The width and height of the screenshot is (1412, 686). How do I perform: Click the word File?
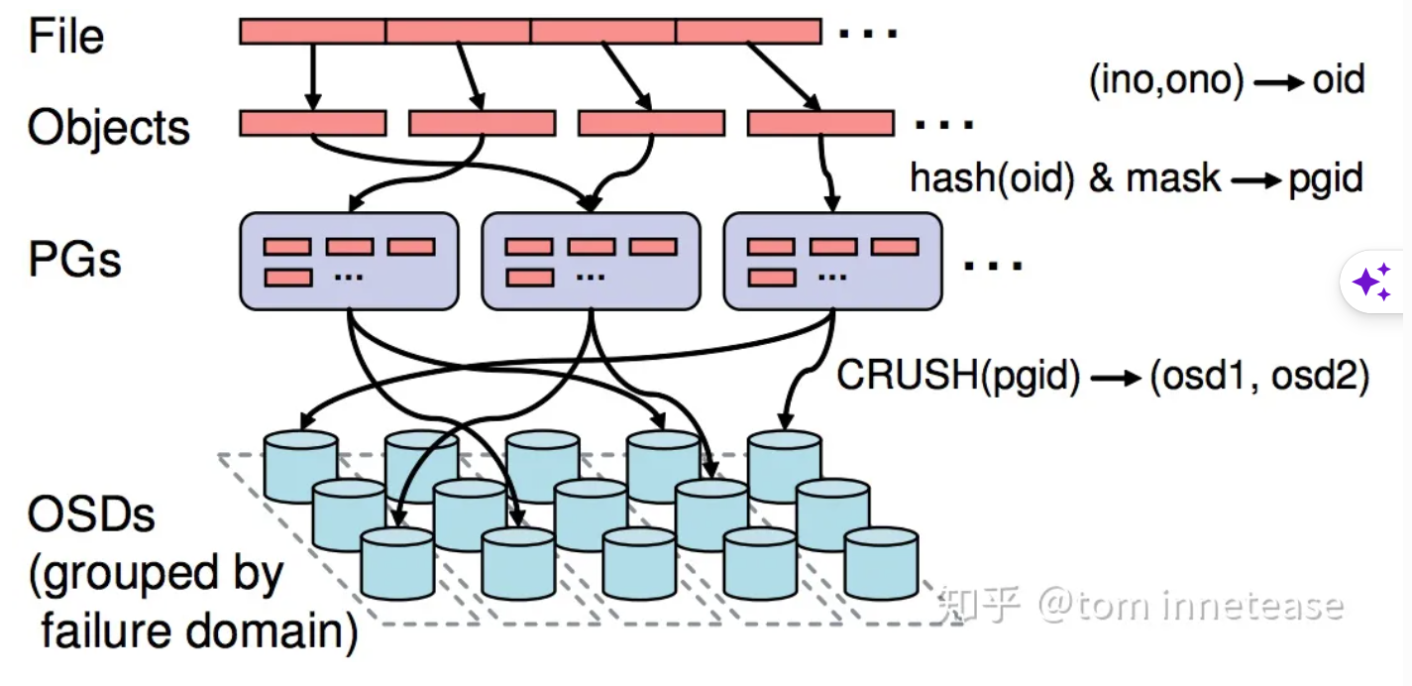point(66,36)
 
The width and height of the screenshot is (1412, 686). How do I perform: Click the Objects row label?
point(108,128)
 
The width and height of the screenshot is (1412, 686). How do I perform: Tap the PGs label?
point(74,259)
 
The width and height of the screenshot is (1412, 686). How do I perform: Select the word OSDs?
point(91,514)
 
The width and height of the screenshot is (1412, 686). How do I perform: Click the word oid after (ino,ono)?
point(1339,79)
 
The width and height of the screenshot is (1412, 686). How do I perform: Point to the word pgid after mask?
point(1326,179)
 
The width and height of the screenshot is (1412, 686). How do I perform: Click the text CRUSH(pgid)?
point(958,375)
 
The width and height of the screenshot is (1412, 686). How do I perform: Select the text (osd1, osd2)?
point(1259,377)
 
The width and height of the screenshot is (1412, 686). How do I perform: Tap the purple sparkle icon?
point(1372,282)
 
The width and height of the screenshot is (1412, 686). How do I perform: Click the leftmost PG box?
point(349,261)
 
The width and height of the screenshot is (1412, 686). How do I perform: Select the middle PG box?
point(592,261)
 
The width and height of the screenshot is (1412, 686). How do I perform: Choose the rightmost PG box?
point(833,261)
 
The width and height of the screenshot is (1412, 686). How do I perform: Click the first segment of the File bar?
point(313,32)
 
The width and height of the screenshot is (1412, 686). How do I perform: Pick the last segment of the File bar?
point(749,32)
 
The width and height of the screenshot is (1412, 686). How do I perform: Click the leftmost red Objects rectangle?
point(313,123)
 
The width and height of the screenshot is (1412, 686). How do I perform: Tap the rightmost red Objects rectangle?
point(820,123)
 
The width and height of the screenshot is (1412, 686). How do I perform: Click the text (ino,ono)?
point(1167,80)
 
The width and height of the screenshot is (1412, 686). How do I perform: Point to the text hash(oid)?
point(992,178)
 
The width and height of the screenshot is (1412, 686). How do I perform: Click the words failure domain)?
point(199,631)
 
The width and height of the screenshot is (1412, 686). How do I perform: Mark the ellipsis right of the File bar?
point(868,34)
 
